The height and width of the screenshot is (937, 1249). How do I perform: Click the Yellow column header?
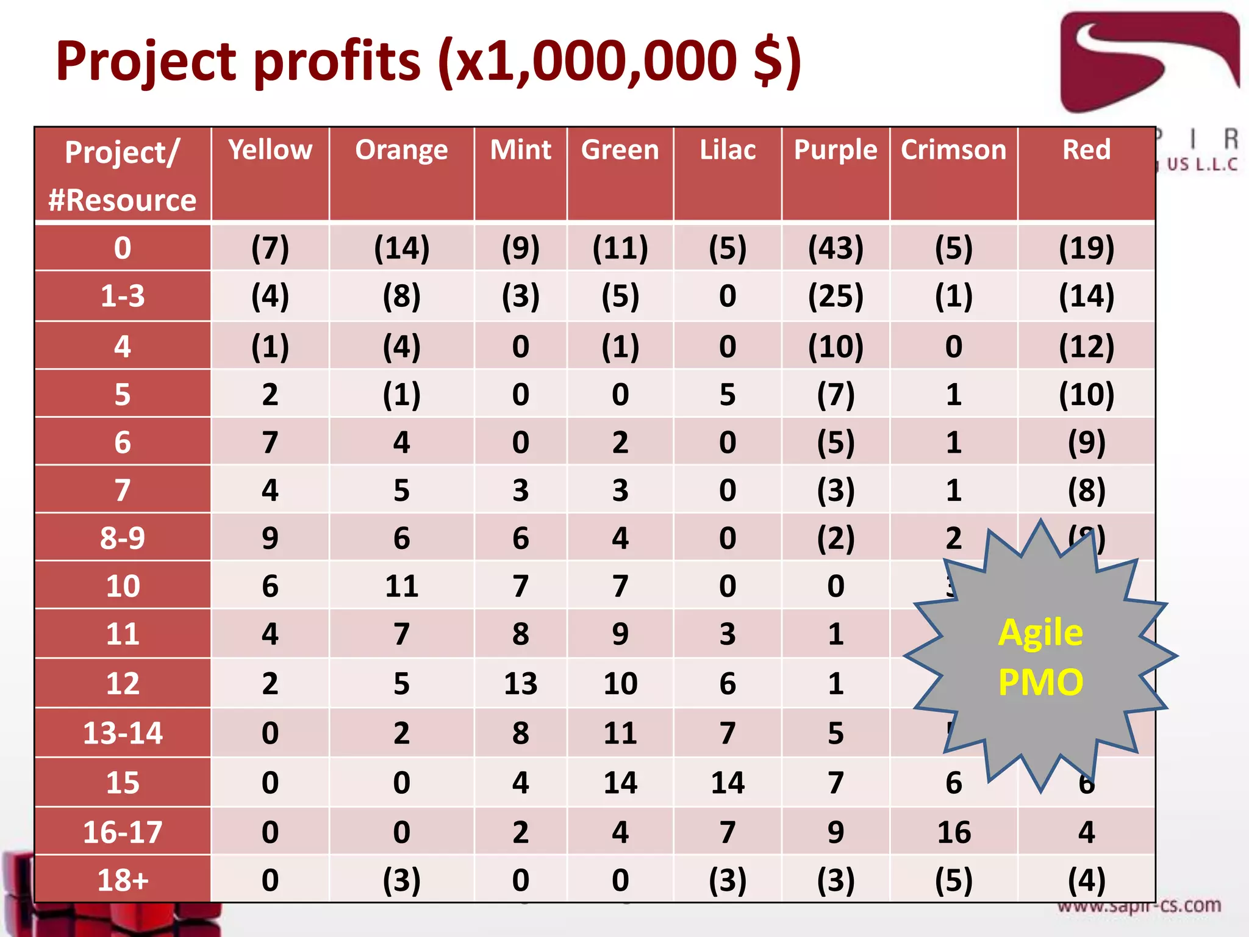(x=270, y=150)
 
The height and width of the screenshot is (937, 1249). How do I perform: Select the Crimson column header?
(x=953, y=150)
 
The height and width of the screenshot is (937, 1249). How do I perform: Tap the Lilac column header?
(x=727, y=150)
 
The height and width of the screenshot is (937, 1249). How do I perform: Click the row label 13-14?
(x=123, y=733)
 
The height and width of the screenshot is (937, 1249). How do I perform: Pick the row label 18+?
(x=123, y=880)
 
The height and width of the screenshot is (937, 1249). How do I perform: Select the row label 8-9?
(x=123, y=538)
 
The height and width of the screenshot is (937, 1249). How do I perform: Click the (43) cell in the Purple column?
(x=836, y=248)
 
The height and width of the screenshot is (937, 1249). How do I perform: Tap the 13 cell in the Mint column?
(x=520, y=683)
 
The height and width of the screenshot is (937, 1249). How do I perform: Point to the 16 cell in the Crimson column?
(x=954, y=832)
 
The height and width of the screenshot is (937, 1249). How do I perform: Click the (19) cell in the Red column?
(x=1086, y=248)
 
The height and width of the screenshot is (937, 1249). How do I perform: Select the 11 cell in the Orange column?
(x=401, y=586)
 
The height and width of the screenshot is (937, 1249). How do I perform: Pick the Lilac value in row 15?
(x=727, y=783)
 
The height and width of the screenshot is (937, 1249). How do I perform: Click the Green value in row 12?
(x=620, y=683)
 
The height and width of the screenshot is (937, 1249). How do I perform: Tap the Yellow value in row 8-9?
(x=270, y=538)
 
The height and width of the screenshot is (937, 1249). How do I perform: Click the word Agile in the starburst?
(x=1040, y=633)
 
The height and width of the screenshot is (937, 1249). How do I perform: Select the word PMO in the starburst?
(x=1040, y=682)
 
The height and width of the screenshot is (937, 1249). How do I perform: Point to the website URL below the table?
(x=1139, y=906)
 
